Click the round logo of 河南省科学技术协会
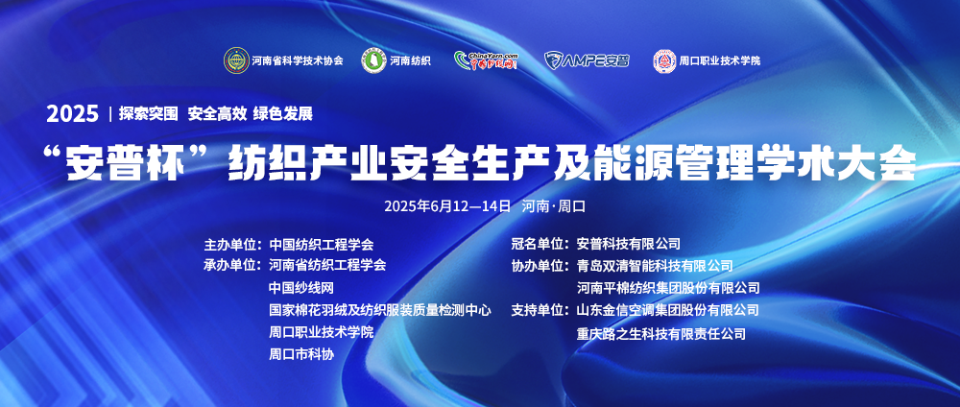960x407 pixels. point(236,60)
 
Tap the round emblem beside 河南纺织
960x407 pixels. point(374,60)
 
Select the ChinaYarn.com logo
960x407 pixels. point(486,60)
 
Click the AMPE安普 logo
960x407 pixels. point(587,60)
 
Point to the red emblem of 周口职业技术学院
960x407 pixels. point(664,60)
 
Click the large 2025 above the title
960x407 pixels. point(72,114)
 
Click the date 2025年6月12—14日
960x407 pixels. point(447,206)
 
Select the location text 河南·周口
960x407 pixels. point(554,206)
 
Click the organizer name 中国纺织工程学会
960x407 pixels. point(321,244)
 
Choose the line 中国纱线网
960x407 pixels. point(301,288)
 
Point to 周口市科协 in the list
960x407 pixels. point(301,354)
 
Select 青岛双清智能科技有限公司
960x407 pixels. point(655,266)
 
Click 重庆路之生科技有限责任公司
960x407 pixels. point(661,334)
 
